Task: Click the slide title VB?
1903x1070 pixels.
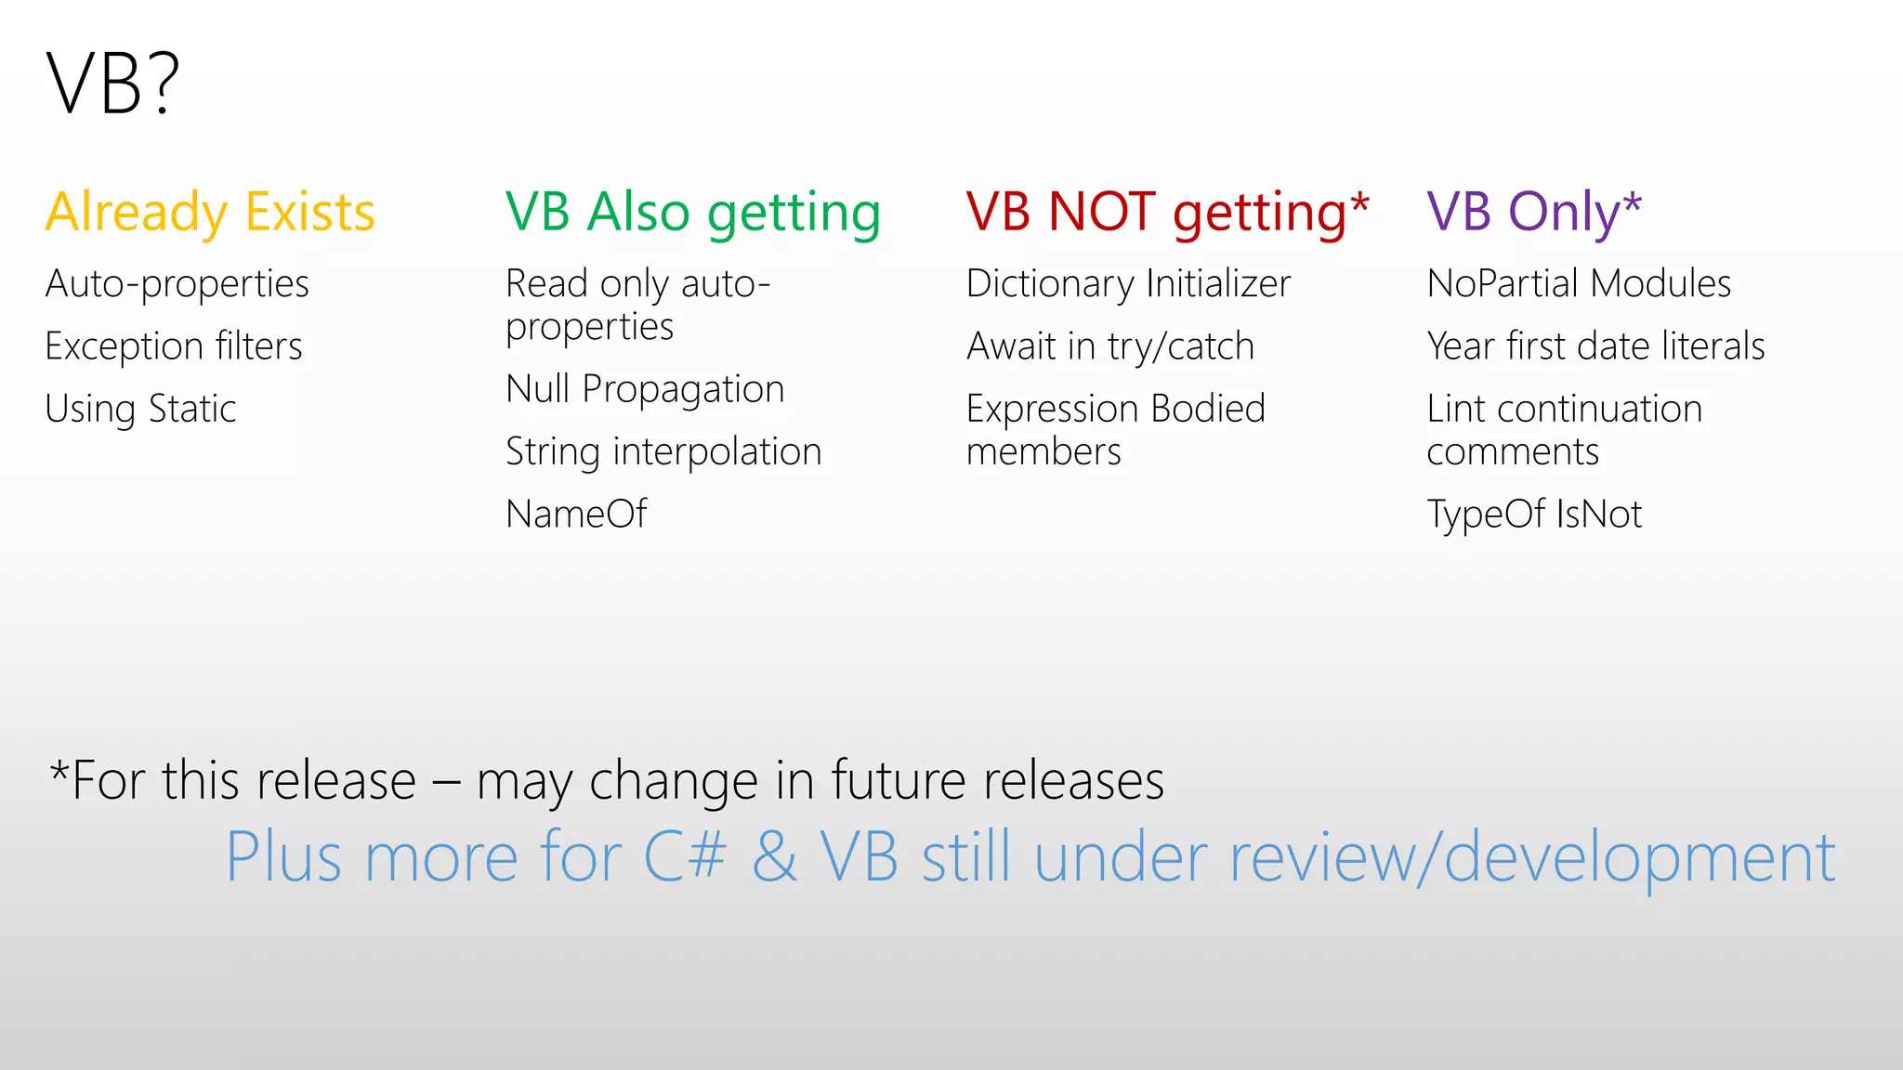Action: (112, 84)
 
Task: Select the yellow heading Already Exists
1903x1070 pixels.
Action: (210, 212)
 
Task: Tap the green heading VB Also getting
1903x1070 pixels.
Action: (693, 212)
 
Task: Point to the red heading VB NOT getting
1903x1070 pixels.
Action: (1157, 212)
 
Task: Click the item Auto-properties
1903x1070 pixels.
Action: (177, 284)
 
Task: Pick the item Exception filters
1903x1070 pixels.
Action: (174, 346)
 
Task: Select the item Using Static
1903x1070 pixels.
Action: (140, 409)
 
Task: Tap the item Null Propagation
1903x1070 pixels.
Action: (645, 389)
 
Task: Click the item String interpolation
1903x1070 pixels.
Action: (663, 452)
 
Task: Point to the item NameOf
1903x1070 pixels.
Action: (576, 514)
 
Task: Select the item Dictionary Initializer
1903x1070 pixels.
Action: (1128, 284)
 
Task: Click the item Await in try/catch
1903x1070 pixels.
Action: (1110, 346)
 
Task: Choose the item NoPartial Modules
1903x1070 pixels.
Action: (1579, 284)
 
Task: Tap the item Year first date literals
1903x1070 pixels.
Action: (1595, 346)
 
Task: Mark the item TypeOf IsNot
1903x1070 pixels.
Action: (1534, 514)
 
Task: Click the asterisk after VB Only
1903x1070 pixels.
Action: (1633, 202)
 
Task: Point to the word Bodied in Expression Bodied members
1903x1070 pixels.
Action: (1208, 409)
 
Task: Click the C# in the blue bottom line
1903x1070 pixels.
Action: (684, 856)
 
